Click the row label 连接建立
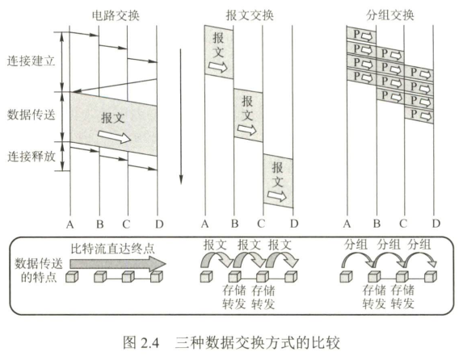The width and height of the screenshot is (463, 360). coord(32,61)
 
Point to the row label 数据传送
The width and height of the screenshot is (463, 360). coord(32,115)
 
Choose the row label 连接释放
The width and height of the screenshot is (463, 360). coord(32,156)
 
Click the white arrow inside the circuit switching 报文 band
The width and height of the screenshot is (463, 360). coord(114,138)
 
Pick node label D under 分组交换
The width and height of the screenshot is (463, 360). coord(436,223)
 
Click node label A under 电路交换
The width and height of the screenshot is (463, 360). coord(70,223)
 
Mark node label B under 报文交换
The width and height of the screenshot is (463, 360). coord(234,223)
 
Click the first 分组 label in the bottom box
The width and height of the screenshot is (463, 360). coord(356,245)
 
